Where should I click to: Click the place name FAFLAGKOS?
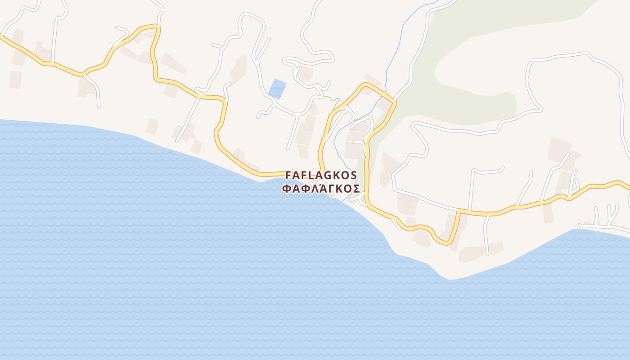[x=321, y=175]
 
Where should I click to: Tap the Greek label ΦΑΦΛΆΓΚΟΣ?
[x=321, y=188]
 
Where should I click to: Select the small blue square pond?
[x=277, y=89]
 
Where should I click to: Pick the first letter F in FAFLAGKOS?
[x=288, y=175]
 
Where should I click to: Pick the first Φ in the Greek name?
[x=286, y=188]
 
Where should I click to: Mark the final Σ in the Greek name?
[x=356, y=188]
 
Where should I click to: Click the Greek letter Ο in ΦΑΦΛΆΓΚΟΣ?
[x=348, y=188]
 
